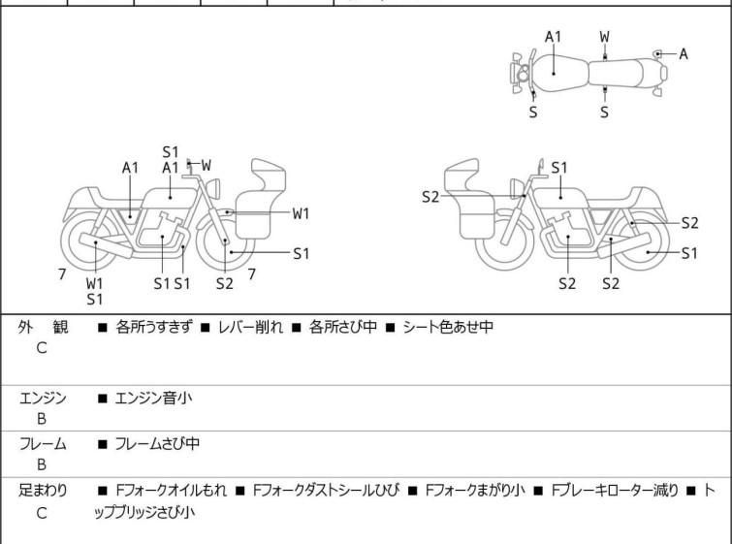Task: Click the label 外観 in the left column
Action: [43, 328]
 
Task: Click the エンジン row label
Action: [43, 397]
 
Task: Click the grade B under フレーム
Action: [42, 464]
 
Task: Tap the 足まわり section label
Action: [43, 491]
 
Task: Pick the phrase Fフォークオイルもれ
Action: [171, 491]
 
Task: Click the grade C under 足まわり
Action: [42, 512]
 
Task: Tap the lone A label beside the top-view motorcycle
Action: [684, 53]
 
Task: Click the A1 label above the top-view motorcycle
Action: [553, 37]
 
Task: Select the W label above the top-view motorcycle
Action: [605, 37]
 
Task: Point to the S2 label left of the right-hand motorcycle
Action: [430, 198]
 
